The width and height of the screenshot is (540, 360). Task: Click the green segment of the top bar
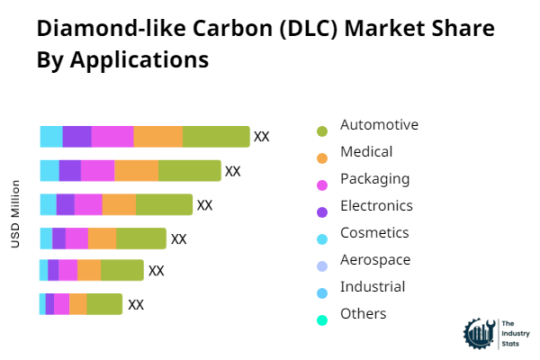216,137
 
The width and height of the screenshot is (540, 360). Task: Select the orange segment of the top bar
158,137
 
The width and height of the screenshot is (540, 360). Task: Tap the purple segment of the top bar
76,137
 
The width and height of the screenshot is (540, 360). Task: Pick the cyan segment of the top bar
51,137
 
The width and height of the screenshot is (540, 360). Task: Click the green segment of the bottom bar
104,304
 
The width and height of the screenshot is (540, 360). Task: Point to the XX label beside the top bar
262,137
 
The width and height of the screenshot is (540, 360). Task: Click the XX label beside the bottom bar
136,304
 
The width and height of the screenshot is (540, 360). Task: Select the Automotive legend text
379,125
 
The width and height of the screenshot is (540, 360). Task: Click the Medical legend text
366,152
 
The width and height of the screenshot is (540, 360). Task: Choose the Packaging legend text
374,179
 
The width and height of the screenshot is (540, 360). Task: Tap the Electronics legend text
376,206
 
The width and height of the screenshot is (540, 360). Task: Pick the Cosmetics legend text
374,233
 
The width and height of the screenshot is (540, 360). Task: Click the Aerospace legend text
375,260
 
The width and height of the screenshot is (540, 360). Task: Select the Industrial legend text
373,287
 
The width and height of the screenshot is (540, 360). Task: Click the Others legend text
364,314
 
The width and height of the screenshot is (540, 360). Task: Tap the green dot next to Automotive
322,131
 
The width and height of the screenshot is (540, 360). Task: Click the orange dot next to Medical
322,158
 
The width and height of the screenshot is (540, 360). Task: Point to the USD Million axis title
16,214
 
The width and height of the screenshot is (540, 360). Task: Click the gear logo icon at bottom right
478,332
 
